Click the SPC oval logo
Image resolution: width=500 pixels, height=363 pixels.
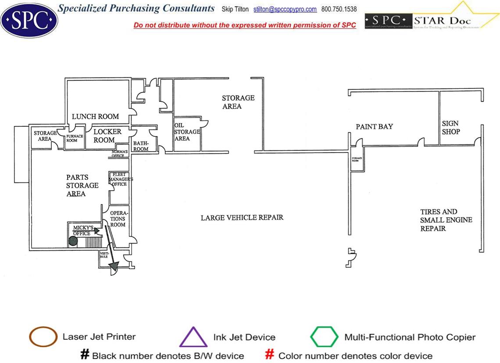29,19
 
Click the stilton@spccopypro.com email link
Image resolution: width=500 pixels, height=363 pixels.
285,9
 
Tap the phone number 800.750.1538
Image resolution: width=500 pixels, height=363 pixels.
339,9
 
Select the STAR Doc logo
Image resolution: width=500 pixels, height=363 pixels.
432,20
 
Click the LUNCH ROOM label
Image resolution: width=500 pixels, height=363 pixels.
95,117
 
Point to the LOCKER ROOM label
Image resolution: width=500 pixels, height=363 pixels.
107,135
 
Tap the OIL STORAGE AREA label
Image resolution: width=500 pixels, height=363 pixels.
187,132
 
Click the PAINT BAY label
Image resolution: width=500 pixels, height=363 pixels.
374,127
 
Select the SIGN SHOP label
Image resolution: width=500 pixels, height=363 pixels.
451,128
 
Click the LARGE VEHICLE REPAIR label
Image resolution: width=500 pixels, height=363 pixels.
242,217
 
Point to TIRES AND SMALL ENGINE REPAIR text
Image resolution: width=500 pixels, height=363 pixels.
446,220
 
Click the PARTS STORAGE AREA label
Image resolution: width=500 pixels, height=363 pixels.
82,185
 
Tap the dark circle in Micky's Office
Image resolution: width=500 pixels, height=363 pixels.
73,241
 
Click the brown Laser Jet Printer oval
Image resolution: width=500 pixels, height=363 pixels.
43,337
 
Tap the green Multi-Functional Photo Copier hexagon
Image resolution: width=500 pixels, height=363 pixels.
325,337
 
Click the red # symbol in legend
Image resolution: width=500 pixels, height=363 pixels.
270,355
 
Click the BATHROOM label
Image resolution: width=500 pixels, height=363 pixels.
141,146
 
